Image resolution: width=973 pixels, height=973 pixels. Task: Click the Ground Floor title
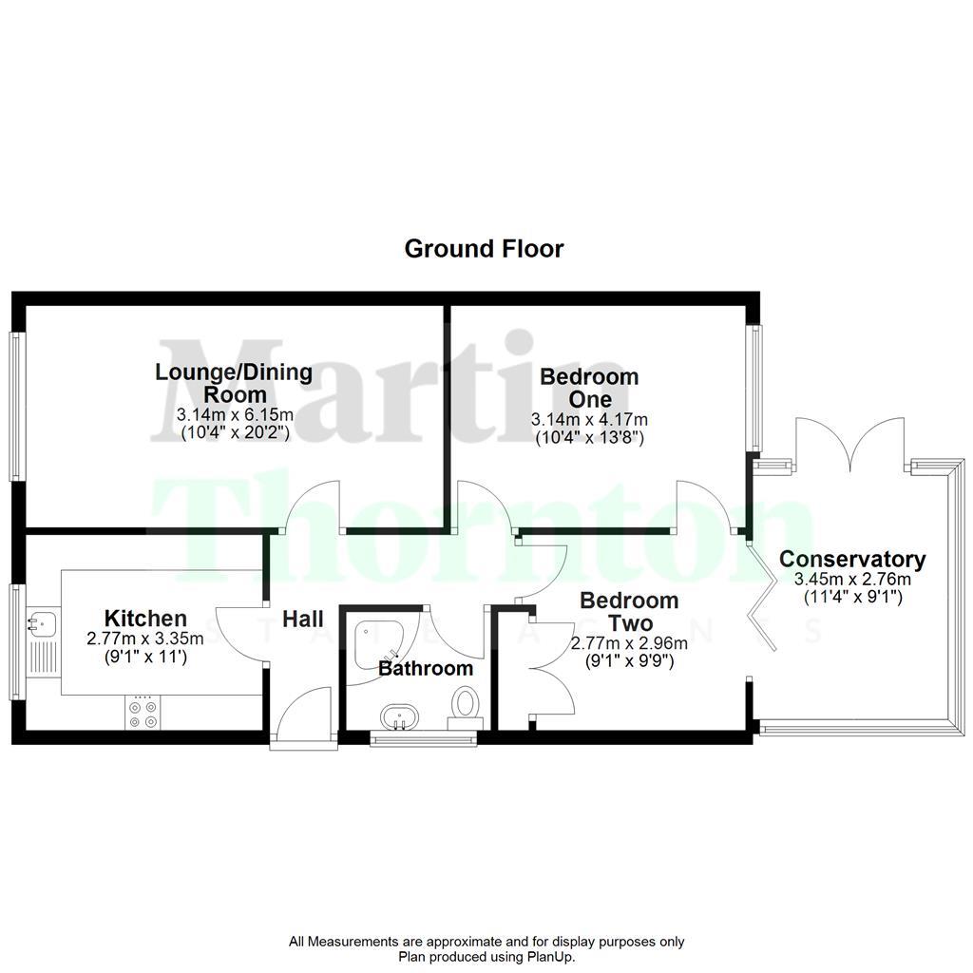click(484, 249)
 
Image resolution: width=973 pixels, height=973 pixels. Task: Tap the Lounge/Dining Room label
click(234, 383)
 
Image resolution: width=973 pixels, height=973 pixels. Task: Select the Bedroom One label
click(589, 388)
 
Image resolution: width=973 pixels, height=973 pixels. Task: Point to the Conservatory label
click(852, 559)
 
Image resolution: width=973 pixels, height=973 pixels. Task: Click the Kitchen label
click(145, 618)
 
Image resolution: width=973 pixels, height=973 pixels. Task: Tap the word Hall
click(303, 618)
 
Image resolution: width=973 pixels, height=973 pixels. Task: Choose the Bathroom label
click(426, 668)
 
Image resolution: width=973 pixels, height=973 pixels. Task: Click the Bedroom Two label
click(629, 612)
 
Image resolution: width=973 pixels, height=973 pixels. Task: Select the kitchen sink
click(42, 624)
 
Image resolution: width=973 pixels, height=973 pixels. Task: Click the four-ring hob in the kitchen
click(144, 714)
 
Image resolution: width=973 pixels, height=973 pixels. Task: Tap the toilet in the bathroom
click(466, 706)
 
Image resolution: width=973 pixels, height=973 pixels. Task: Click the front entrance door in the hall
click(304, 715)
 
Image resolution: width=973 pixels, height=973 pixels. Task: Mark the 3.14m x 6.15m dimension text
click(234, 415)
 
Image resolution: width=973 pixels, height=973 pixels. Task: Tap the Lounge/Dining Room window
click(16, 406)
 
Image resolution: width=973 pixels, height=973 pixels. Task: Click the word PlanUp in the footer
click(551, 957)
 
